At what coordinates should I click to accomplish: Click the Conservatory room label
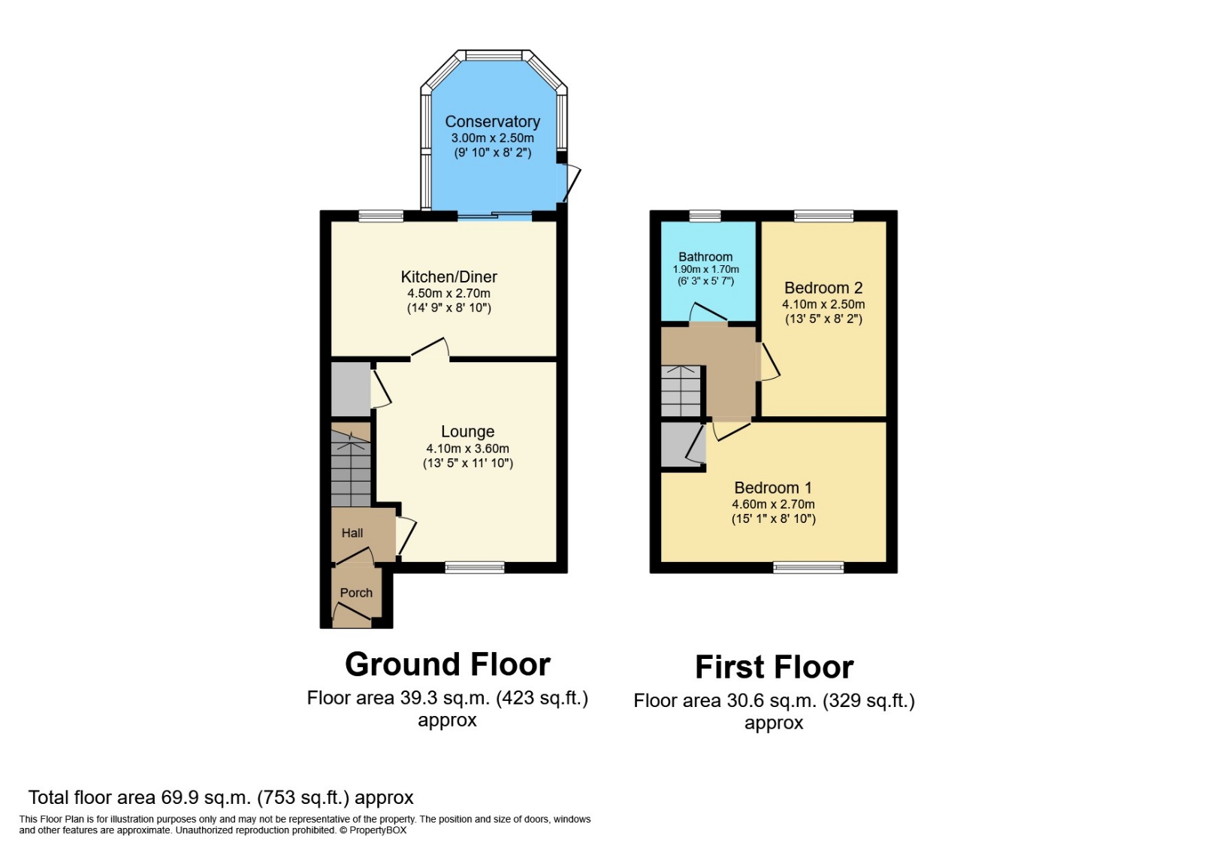click(x=492, y=122)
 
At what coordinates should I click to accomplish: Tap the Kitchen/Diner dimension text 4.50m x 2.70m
click(x=448, y=293)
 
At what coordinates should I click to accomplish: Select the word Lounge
click(x=467, y=431)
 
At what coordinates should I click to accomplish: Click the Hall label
click(x=352, y=533)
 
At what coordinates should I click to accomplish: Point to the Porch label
click(x=356, y=593)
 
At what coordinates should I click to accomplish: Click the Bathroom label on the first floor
click(x=705, y=257)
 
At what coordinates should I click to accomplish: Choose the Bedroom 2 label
click(x=823, y=288)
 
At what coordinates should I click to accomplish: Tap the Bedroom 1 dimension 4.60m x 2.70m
click(x=773, y=504)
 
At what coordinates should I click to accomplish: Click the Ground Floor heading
click(x=448, y=664)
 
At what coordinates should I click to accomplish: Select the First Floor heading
click(x=774, y=667)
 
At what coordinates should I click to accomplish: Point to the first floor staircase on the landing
click(x=681, y=391)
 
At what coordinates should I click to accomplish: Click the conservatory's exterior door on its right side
click(x=571, y=183)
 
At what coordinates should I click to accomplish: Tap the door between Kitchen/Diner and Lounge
click(x=430, y=349)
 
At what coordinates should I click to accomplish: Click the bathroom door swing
click(x=708, y=313)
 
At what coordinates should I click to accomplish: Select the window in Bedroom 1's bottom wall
click(x=808, y=567)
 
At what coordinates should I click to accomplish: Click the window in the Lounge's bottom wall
click(x=474, y=567)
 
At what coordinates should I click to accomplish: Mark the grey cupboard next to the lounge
click(x=350, y=388)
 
